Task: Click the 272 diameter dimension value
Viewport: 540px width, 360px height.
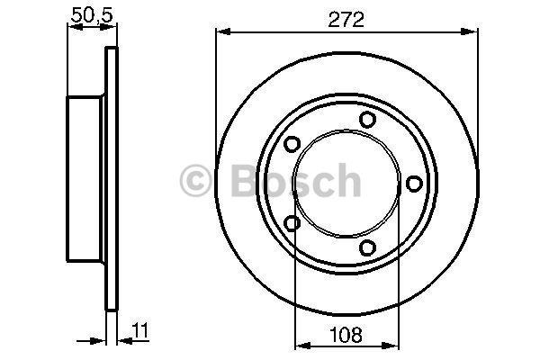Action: (346, 20)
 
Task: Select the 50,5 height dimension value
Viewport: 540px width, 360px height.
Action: (92, 15)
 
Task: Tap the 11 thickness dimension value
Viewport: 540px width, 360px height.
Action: (141, 330)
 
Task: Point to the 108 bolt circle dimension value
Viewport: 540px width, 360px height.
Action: (346, 335)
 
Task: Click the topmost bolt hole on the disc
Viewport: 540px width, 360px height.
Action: (367, 120)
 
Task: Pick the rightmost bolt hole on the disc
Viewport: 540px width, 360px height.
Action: (414, 184)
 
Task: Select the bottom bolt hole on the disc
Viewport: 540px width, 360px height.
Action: (367, 247)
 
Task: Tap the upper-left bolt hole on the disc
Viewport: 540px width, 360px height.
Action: (292, 144)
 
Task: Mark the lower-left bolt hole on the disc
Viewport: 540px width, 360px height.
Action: (292, 223)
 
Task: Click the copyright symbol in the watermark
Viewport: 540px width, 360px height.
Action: (195, 181)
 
